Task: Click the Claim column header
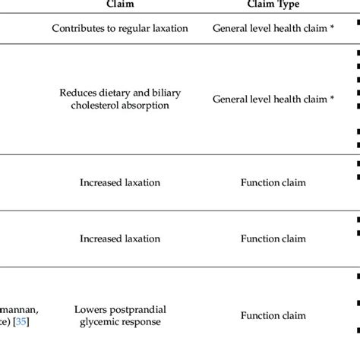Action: coord(121,4)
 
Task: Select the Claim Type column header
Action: coord(273,4)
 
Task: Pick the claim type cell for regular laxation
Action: coord(273,29)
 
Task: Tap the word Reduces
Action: coord(77,93)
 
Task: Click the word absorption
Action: coord(147,106)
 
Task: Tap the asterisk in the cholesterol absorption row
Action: coord(332,99)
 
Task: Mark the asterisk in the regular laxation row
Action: coord(332,28)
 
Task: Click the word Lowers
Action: coord(90,309)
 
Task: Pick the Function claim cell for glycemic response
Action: coord(273,315)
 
